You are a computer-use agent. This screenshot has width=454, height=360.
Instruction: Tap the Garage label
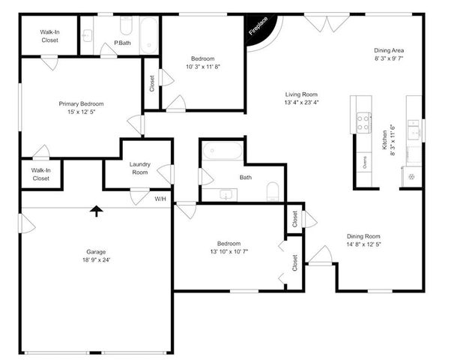click(x=96, y=251)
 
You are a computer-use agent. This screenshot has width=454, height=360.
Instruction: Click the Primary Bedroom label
click(x=81, y=103)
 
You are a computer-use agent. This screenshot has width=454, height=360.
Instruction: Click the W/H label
click(x=160, y=199)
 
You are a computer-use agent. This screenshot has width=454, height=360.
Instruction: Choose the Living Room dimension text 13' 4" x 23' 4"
click(x=302, y=102)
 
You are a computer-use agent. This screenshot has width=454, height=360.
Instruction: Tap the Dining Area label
click(x=389, y=51)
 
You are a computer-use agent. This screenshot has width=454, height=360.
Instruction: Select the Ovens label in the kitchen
click(x=365, y=162)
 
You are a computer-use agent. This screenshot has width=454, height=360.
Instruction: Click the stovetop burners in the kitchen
click(x=364, y=121)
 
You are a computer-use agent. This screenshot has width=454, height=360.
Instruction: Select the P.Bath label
click(x=124, y=43)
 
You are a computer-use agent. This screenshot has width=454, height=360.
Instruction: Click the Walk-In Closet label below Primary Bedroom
click(x=40, y=174)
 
